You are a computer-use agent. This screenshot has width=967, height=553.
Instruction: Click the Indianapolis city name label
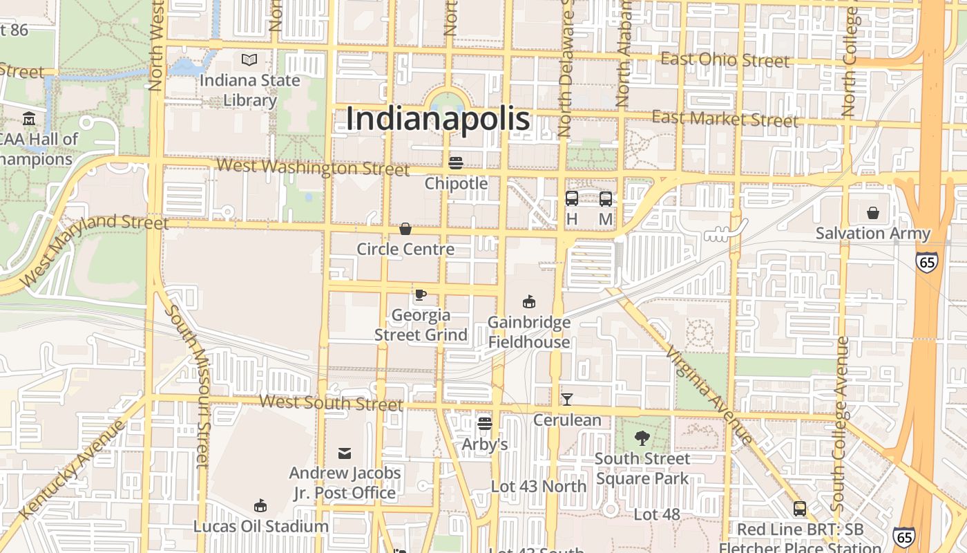(438, 118)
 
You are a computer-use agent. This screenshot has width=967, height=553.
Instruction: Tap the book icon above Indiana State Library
(249, 60)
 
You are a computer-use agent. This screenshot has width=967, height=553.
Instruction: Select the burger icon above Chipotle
(456, 163)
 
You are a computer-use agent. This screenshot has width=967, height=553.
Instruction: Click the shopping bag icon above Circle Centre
(405, 229)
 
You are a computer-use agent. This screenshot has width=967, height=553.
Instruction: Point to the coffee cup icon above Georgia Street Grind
(420, 295)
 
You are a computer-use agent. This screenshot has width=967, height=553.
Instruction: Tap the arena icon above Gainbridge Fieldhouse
(529, 301)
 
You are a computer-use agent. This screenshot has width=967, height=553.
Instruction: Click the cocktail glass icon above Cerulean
(567, 399)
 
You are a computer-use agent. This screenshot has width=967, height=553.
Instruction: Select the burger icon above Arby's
(485, 423)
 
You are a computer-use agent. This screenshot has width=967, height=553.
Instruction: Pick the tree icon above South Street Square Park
(642, 438)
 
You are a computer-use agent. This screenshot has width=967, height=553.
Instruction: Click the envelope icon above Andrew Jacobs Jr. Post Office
(344, 453)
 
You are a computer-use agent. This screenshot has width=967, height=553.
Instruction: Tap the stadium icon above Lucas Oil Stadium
(260, 505)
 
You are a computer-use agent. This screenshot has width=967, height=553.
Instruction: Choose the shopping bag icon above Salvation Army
(873, 213)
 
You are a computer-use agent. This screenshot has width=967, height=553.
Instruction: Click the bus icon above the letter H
(572, 199)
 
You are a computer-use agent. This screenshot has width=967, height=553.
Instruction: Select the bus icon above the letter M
(606, 199)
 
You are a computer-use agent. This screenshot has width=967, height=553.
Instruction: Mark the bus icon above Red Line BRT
(800, 509)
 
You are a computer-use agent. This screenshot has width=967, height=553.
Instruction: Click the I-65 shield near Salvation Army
(927, 261)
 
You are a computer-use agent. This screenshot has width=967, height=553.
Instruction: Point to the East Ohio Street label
(725, 59)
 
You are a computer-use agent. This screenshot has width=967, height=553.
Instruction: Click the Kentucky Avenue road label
(73, 468)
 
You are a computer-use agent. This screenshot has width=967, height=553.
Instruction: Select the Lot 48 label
(657, 514)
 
